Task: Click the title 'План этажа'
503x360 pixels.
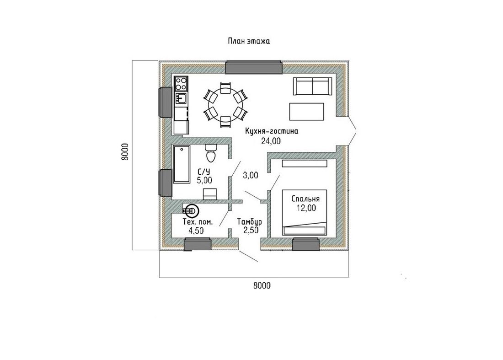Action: tap(249, 41)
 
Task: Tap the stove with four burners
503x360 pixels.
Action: tap(181, 83)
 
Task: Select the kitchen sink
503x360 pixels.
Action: tap(181, 98)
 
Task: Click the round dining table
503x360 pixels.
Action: tap(225, 105)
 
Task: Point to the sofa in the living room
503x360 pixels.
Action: tap(312, 86)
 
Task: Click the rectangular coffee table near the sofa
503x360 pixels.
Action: tap(307, 112)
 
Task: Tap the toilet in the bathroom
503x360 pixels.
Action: tap(211, 153)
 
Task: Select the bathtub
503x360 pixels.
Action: tap(182, 164)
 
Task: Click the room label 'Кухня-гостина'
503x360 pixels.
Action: tap(272, 131)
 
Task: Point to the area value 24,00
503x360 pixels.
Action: tap(271, 141)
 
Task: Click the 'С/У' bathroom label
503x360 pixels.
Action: tap(204, 172)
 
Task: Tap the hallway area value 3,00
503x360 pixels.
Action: tap(250, 175)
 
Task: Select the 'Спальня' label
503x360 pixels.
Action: tap(305, 199)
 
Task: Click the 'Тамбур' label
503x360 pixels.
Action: tap(250, 222)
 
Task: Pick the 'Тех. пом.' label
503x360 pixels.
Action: tap(197, 222)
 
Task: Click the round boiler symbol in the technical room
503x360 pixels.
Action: tap(193, 210)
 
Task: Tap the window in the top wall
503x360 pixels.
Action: tap(253, 67)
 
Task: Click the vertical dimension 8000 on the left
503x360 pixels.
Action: tap(125, 152)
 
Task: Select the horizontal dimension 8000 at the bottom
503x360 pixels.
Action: tap(262, 285)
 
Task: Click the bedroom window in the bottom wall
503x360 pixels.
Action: tap(306, 244)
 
